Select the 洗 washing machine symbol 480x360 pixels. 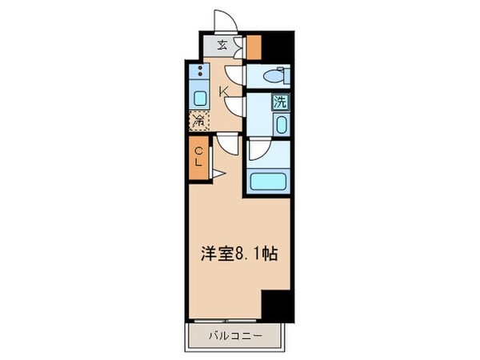280,102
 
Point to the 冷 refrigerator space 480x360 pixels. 197,122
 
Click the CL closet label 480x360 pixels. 198,154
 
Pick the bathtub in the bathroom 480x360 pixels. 267,180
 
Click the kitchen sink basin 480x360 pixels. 198,99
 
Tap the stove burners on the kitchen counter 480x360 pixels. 197,72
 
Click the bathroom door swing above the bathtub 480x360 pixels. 258,150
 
